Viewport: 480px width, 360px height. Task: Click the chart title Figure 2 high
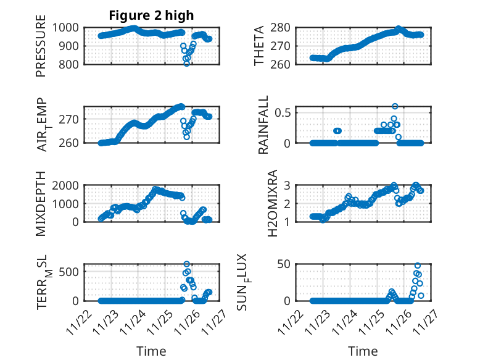pyautogui.click(x=151, y=15)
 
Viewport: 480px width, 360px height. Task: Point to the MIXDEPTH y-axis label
pyautogui.click(x=41, y=204)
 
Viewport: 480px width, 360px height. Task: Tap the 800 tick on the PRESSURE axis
pyautogui.click(x=68, y=64)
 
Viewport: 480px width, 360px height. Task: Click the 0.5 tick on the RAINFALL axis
pyautogui.click(x=283, y=112)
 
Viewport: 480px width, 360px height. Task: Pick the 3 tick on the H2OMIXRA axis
pyautogui.click(x=287, y=185)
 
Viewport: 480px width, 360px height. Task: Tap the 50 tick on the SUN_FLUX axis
pyautogui.click(x=284, y=265)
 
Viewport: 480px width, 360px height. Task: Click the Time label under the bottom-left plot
pyautogui.click(x=151, y=351)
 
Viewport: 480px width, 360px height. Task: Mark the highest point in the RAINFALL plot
pyautogui.click(x=395, y=106)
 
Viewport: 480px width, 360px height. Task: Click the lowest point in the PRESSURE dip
pyautogui.click(x=186, y=64)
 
